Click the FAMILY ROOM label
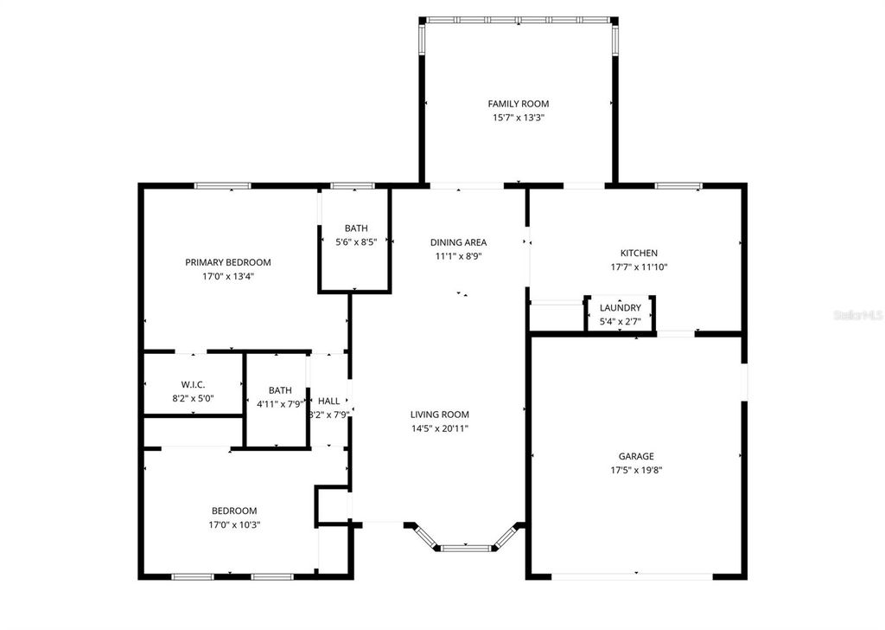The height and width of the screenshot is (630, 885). [x=518, y=104]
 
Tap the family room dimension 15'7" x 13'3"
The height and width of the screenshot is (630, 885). [x=518, y=118]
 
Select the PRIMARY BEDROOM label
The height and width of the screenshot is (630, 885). [x=228, y=262]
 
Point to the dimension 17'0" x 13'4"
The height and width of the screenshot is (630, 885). [x=228, y=277]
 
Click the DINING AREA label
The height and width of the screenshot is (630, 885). [x=458, y=242]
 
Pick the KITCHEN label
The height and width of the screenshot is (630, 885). [x=639, y=253]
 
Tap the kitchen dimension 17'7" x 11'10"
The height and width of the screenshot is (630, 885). [x=639, y=267]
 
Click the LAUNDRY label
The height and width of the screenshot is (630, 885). [x=620, y=308]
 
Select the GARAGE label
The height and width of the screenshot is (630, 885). [x=635, y=456]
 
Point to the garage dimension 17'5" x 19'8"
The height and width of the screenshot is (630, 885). [x=635, y=470]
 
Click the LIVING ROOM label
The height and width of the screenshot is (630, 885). [x=439, y=415]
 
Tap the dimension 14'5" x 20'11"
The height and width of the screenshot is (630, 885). [x=439, y=428]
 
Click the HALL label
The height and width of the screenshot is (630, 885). [x=328, y=401]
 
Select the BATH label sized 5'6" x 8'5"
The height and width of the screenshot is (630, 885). [x=356, y=228]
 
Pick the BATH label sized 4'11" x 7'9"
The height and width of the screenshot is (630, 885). [x=280, y=390]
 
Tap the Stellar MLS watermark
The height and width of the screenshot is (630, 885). [x=857, y=316]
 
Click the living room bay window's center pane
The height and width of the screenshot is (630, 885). [x=466, y=547]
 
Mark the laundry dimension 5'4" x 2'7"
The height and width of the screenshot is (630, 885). [x=620, y=322]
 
